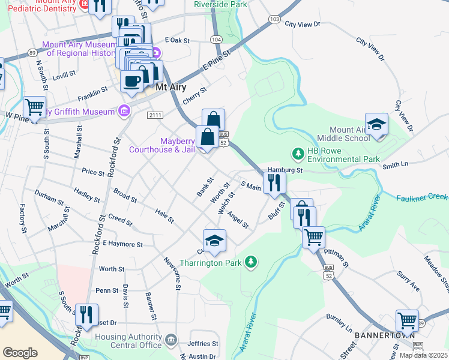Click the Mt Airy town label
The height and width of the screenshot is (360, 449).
[170, 87]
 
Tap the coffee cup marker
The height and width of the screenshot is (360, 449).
[132, 81]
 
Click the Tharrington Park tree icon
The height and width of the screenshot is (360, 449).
[252, 262]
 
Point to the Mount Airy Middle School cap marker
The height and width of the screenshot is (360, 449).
[376, 125]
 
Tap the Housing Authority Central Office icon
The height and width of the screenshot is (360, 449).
[171, 341]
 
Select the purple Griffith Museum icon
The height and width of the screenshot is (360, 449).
[124, 111]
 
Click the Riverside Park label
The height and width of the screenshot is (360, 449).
[220, 4]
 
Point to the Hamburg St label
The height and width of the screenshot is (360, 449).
[283, 170]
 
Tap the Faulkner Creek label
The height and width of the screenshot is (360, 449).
[422, 197]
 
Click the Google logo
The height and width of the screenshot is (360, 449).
[20, 353]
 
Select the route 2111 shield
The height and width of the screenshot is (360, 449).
[155, 115]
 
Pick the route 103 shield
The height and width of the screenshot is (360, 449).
[274, 19]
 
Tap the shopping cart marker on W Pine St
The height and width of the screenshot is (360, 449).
[35, 107]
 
